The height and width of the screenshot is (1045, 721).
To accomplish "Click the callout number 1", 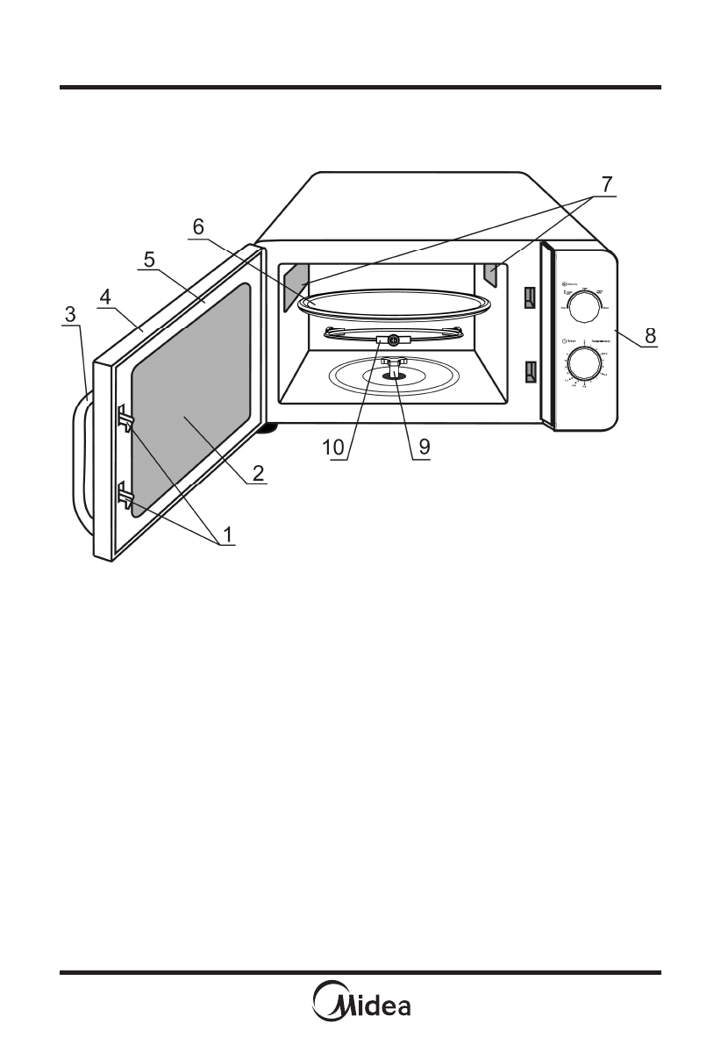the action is click(x=227, y=533).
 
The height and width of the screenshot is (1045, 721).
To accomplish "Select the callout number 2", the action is click(x=258, y=472).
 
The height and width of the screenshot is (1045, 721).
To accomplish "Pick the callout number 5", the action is click(x=149, y=260).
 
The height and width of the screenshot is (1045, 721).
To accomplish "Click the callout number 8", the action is click(x=650, y=334).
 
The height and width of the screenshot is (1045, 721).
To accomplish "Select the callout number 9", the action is click(x=424, y=446).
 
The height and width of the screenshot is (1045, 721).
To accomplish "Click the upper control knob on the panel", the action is click(x=581, y=304).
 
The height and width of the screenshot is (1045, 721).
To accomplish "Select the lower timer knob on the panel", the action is click(x=581, y=362).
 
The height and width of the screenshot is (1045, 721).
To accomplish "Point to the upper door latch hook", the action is click(x=125, y=421).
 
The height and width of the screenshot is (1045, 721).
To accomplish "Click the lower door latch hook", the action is click(x=125, y=500).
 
